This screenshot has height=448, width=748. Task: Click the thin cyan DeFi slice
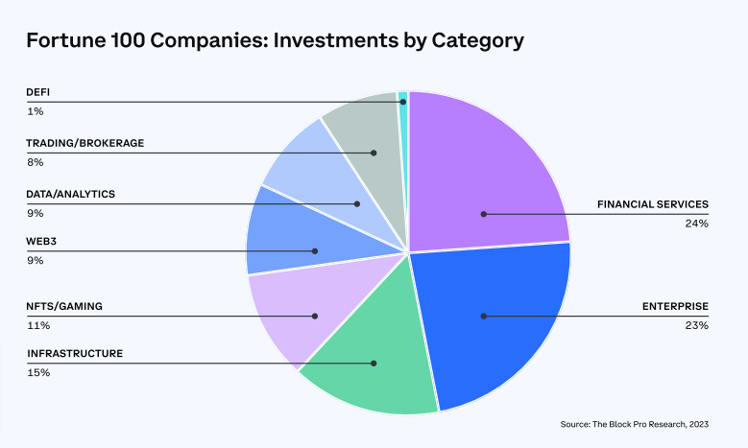(403, 97)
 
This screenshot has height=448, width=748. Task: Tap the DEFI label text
(37, 93)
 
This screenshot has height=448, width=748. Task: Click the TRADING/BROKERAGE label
(85, 144)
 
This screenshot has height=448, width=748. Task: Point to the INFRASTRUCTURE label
(75, 354)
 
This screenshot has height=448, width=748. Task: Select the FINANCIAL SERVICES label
(652, 204)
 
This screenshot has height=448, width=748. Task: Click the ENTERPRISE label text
(675, 307)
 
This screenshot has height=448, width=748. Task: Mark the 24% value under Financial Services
(697, 224)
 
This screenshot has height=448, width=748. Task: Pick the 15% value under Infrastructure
(38, 372)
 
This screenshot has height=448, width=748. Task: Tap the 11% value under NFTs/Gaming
(37, 325)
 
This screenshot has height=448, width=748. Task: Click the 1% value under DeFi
(36, 111)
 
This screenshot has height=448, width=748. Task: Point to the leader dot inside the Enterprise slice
(483, 316)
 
